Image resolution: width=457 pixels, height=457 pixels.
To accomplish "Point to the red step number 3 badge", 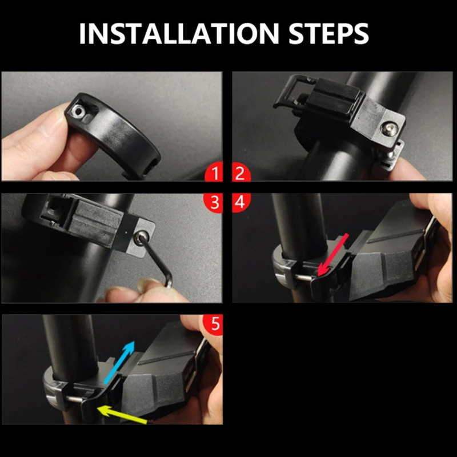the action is (214, 202).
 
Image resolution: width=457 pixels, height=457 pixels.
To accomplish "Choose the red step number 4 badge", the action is (240, 202).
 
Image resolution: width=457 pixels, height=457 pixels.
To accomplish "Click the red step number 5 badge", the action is (214, 324).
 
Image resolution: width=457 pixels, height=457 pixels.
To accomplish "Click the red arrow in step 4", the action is (332, 254).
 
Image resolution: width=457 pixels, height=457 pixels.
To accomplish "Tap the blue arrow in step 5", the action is (119, 362).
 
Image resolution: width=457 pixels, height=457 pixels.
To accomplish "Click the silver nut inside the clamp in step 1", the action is (79, 110).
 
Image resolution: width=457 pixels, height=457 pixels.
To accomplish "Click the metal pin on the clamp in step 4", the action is (304, 278).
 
